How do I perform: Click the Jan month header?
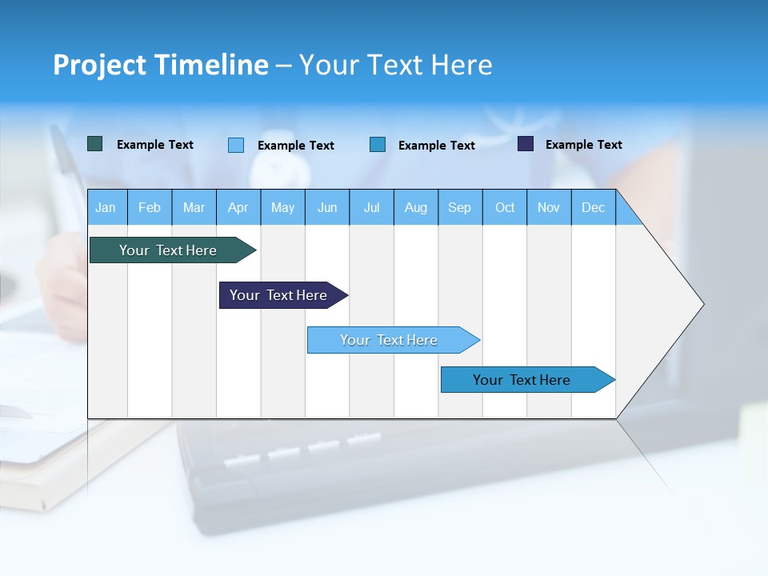pyautogui.click(x=106, y=208)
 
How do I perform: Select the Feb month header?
pyautogui.click(x=150, y=208)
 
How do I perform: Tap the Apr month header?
pyautogui.click(x=238, y=208)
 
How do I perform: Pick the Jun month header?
pyautogui.click(x=327, y=208)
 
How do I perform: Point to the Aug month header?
pyautogui.click(x=416, y=208)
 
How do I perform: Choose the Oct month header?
pyautogui.click(x=505, y=208)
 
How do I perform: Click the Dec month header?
pyautogui.click(x=594, y=208)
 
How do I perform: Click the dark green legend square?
pyautogui.click(x=95, y=144)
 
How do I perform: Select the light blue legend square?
pyautogui.click(x=236, y=145)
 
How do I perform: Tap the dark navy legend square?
pyautogui.click(x=526, y=144)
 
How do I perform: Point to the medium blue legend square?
pyautogui.click(x=378, y=145)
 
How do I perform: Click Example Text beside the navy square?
pyautogui.click(x=583, y=145)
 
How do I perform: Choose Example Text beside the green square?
pyautogui.click(x=155, y=145)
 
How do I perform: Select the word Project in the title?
pyautogui.click(x=99, y=65)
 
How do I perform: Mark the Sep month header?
pyautogui.click(x=459, y=208)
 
